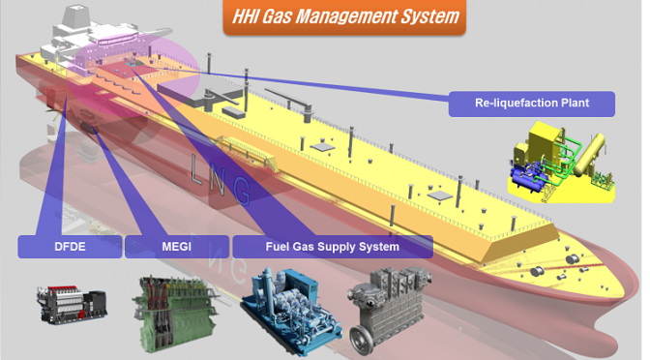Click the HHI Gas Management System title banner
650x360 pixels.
tap(344, 17)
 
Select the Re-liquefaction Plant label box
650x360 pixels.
tap(531, 104)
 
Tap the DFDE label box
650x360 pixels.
tap(70, 247)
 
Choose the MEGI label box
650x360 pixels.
tap(177, 247)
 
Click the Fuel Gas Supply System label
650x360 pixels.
tap(333, 247)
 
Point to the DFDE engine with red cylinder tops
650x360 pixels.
tap(73, 304)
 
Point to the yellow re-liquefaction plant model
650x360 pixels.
tap(561, 163)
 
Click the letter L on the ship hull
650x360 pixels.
tap(197, 167)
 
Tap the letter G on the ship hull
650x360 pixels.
tap(241, 191)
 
